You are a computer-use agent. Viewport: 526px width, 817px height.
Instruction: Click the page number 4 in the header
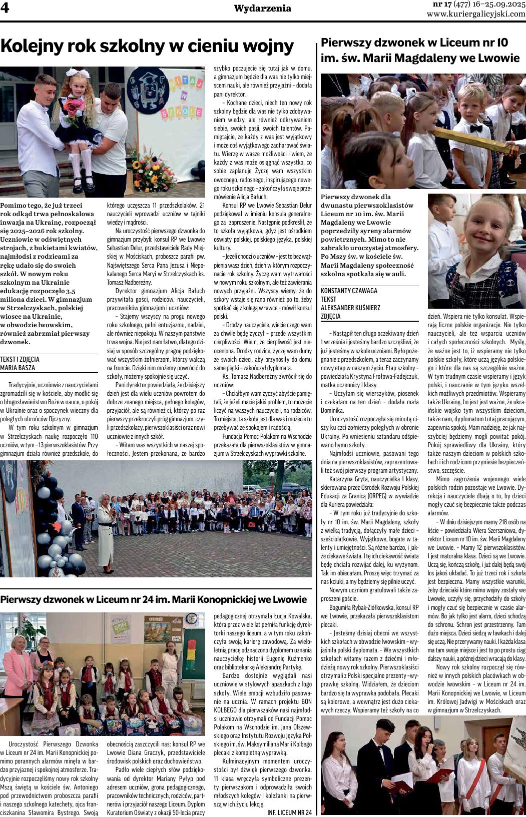click(6, 9)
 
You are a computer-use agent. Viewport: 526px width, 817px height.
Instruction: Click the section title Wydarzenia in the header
click(262, 8)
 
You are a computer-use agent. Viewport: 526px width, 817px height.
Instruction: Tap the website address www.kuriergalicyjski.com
click(476, 14)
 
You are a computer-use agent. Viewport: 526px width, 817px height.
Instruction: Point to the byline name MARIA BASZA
click(18, 368)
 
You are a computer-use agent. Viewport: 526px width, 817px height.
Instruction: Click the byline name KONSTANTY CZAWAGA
click(349, 291)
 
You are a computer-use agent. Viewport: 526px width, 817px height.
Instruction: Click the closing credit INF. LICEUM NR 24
click(290, 812)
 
